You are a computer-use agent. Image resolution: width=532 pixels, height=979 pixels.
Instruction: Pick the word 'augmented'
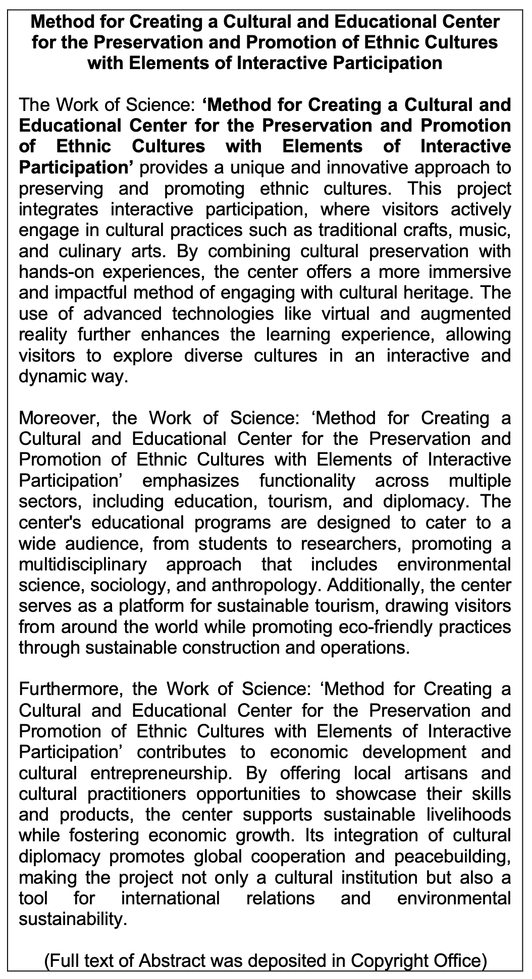(467, 314)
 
